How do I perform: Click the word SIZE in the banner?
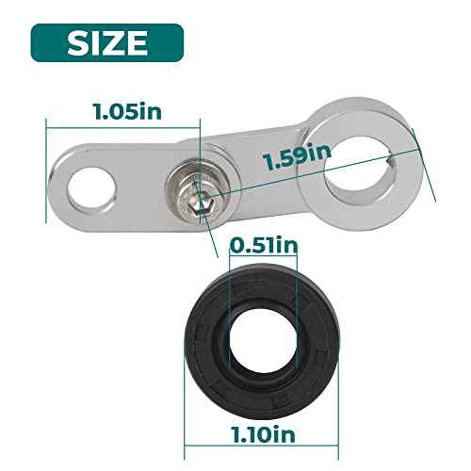(x=107, y=43)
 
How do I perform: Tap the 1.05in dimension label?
(x=128, y=111)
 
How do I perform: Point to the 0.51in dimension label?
(x=263, y=246)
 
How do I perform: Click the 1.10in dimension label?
(x=263, y=434)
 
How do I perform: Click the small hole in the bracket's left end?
(x=91, y=188)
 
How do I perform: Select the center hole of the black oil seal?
(x=264, y=342)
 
